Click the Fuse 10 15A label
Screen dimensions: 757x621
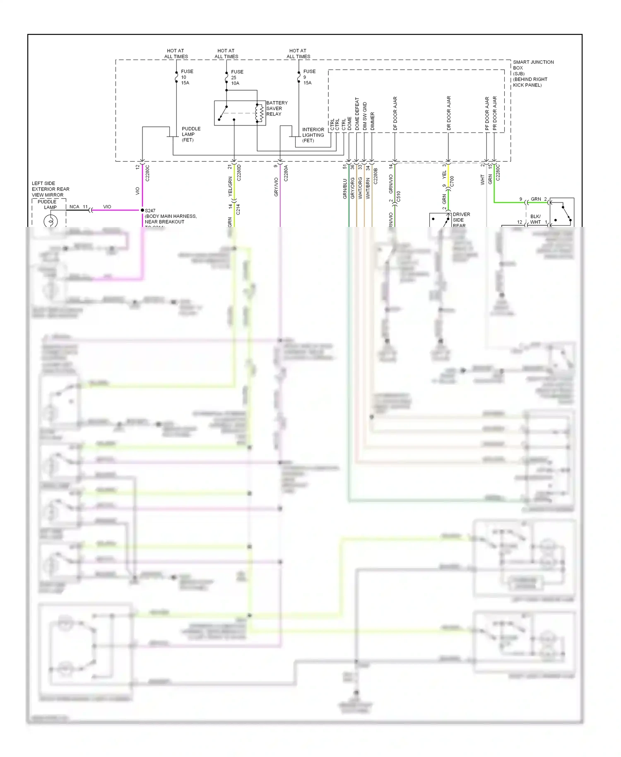(187, 77)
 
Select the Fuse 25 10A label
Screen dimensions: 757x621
(237, 77)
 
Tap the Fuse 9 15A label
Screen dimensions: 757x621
(309, 77)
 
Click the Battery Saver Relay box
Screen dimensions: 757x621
(234, 113)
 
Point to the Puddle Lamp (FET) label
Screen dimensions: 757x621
(191, 134)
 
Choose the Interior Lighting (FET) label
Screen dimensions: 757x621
(313, 135)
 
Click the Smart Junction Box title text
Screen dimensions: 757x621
(533, 73)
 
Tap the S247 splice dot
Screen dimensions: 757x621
(142, 210)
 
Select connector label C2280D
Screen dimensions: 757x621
(239, 173)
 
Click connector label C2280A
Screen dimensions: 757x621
(286, 173)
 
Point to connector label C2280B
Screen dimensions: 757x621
(376, 176)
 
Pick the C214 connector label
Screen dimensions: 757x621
(238, 210)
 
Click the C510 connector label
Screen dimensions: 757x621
(399, 196)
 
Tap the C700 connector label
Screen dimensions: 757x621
(452, 181)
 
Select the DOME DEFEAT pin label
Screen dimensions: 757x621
(357, 114)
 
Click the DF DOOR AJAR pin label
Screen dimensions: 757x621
(395, 113)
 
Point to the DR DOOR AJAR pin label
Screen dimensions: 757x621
(449, 113)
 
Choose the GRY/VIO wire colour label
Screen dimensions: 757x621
(276, 187)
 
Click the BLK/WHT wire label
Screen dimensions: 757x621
(535, 219)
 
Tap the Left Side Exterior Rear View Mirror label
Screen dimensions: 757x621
(51, 189)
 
